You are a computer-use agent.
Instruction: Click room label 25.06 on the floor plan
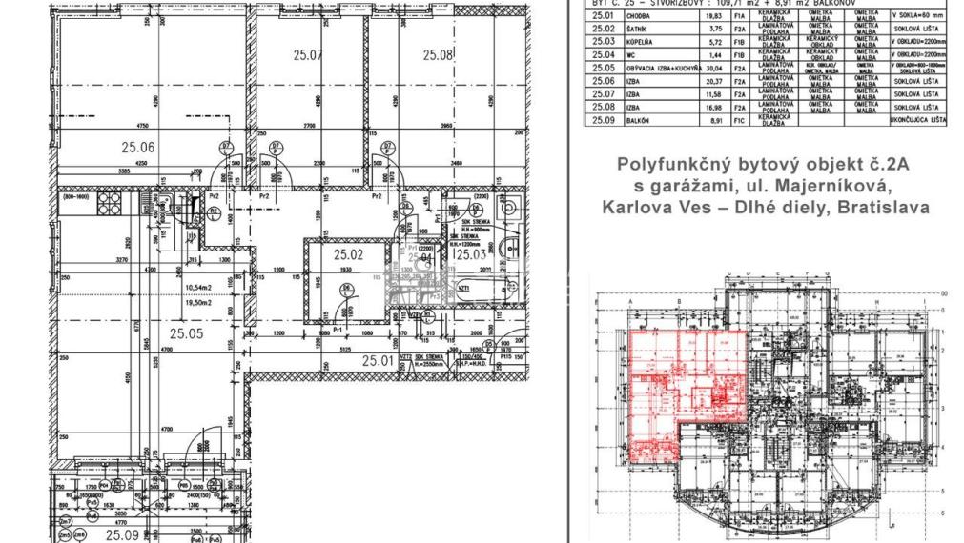138,147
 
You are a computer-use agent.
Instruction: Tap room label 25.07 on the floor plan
308,55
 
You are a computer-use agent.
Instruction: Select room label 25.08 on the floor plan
439,55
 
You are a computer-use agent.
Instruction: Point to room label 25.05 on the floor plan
187,333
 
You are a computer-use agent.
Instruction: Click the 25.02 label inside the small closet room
348,254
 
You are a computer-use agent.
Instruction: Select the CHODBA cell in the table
636,16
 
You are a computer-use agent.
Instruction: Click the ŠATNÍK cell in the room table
636,30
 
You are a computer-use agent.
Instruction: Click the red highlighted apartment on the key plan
687,381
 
